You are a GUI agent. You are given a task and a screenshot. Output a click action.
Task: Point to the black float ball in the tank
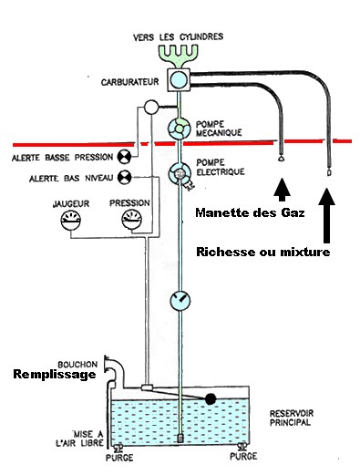pos(211,398)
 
